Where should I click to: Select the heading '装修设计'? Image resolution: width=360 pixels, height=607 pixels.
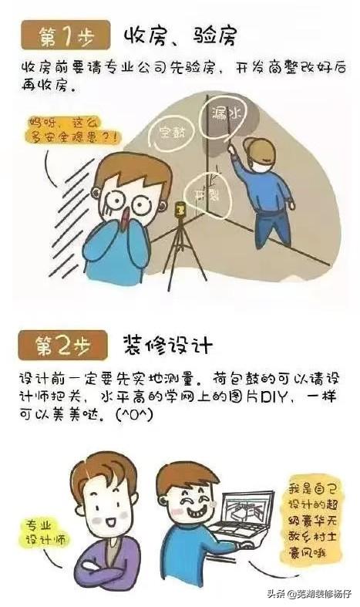point(165,343)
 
